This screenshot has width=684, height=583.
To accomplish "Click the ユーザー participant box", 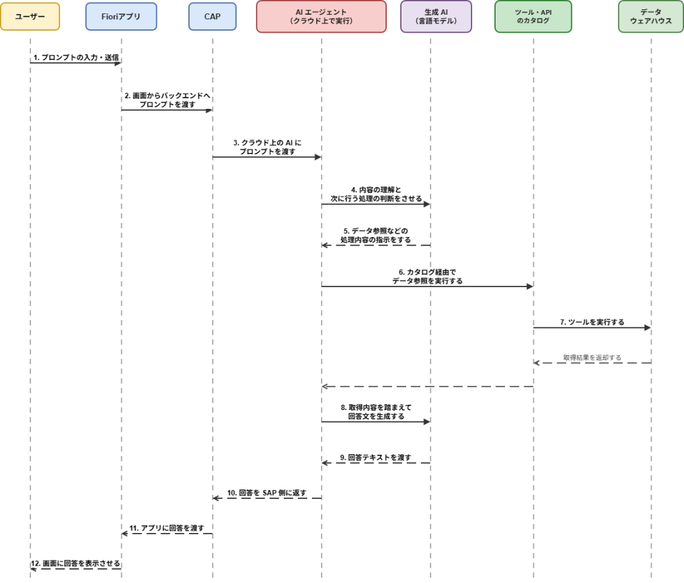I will point(30,16).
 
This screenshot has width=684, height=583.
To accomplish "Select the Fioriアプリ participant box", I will point(122,16).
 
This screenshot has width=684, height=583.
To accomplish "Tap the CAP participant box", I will point(212,16).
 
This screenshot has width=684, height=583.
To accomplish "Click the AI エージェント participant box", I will point(321,16).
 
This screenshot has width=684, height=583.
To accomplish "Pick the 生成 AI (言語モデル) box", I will point(436,16).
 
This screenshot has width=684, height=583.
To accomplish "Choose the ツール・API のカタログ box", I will point(533,16).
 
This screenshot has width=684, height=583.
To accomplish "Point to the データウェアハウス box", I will point(651,16).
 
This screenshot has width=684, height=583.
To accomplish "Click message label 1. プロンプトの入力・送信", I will point(75,57).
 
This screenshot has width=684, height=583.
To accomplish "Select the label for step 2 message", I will point(167,100).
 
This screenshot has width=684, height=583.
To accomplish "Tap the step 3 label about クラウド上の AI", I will point(267,148).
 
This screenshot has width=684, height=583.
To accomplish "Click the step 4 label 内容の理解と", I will point(375,194).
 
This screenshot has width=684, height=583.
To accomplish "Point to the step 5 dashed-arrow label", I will point(375,235).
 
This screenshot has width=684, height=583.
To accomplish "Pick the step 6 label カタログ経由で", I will point(427,276).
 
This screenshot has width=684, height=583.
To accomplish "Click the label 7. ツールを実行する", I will point(592,322).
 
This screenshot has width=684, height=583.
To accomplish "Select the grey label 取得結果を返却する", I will point(592,357).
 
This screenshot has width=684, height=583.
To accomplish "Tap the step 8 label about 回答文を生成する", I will point(375,411).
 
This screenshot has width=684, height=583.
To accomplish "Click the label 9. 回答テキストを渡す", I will point(375,457).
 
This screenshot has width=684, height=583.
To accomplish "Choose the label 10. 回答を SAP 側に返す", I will point(267,493).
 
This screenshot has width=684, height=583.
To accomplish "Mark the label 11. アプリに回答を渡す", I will point(167,528).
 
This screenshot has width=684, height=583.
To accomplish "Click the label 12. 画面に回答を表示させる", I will point(75,564).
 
